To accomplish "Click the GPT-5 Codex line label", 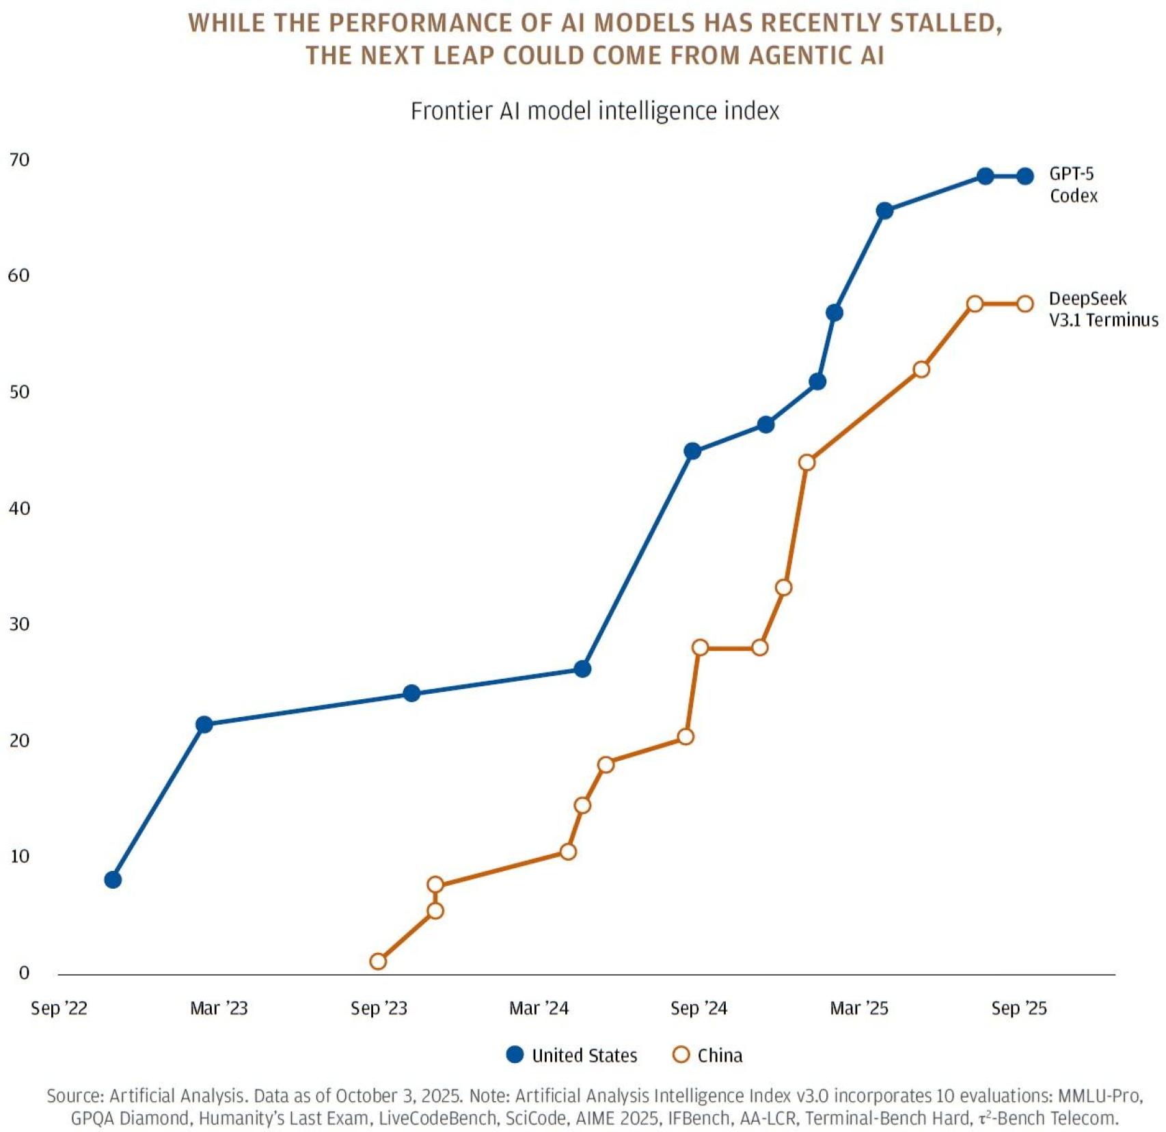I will [x=1073, y=185].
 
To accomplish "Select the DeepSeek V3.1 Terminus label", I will [x=1102, y=309].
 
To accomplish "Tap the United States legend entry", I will [x=572, y=1055].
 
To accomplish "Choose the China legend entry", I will [x=708, y=1055].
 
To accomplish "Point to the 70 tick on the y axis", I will [x=19, y=160].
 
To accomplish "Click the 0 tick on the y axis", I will [x=24, y=972].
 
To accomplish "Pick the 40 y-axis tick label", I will [x=19, y=508].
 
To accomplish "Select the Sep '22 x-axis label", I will [x=59, y=1008].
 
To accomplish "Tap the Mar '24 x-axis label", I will [x=539, y=1008].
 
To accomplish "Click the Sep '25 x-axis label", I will [x=1018, y=1008].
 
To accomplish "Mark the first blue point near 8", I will [x=113, y=879].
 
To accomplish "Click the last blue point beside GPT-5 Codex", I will [x=1025, y=176].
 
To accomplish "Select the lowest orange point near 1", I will [x=378, y=961].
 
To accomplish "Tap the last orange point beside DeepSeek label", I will [x=1025, y=304].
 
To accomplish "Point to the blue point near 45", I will [x=692, y=451].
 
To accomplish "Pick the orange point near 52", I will [x=921, y=369].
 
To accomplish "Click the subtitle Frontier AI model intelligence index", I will [x=594, y=111].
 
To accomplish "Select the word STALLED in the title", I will [x=947, y=23].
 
